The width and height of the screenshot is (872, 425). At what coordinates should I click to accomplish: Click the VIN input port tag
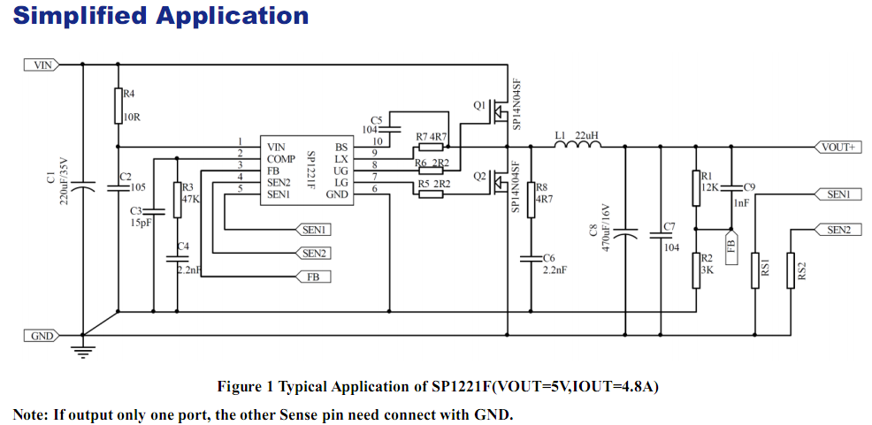point(41,65)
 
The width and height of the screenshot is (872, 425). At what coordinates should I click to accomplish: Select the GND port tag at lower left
point(41,336)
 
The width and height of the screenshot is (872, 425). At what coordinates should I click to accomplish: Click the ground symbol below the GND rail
point(84,352)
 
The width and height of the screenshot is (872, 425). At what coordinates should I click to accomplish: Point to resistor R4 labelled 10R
point(118,106)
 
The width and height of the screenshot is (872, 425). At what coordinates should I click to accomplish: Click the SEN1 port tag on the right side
point(838,194)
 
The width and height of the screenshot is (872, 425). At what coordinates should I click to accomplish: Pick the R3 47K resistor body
point(177,199)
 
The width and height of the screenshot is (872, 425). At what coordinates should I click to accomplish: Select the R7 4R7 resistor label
point(432,136)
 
